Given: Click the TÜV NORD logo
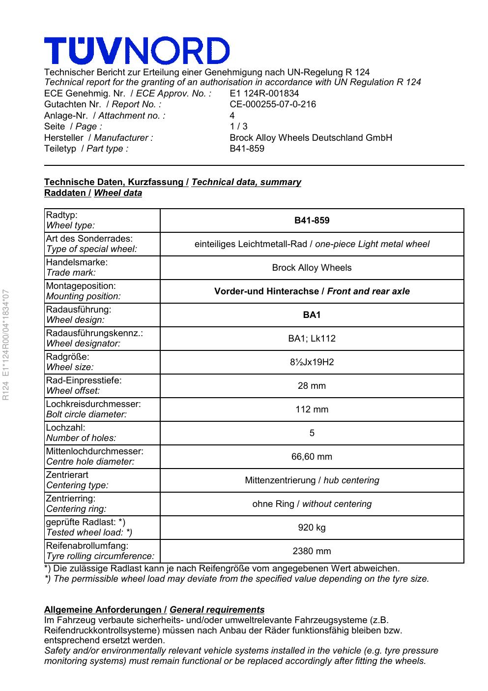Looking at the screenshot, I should pos(137,51).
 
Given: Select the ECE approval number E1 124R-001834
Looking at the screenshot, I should pos(264,94).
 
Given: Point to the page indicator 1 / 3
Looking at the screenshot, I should pos(239,126).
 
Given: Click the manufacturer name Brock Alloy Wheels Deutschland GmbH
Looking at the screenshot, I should pos(311,138).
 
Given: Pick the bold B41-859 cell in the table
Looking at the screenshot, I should pos(312,220).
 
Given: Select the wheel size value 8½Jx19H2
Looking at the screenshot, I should pos(312,362).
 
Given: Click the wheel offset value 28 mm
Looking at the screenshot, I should pos(312,386).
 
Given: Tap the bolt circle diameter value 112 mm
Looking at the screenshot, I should pos(312,409).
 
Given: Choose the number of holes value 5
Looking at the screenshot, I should pos(312,433).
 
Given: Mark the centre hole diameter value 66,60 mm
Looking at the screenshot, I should pos(312,457).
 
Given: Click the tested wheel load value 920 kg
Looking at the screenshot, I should pos(312,528).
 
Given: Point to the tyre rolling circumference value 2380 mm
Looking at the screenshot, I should pos(312,551).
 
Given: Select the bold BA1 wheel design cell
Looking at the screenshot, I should pos(312,315).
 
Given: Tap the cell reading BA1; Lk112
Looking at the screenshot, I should pos(312,339).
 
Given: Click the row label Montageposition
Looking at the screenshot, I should pos(81,286).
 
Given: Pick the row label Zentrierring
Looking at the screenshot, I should pos(70,499).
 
